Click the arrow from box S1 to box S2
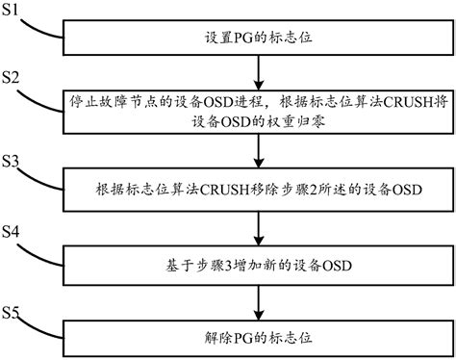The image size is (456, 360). coord(258,71)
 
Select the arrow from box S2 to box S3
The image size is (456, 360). coord(258,150)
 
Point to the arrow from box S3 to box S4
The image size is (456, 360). coord(258,225)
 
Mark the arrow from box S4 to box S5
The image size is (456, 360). coord(258,300)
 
